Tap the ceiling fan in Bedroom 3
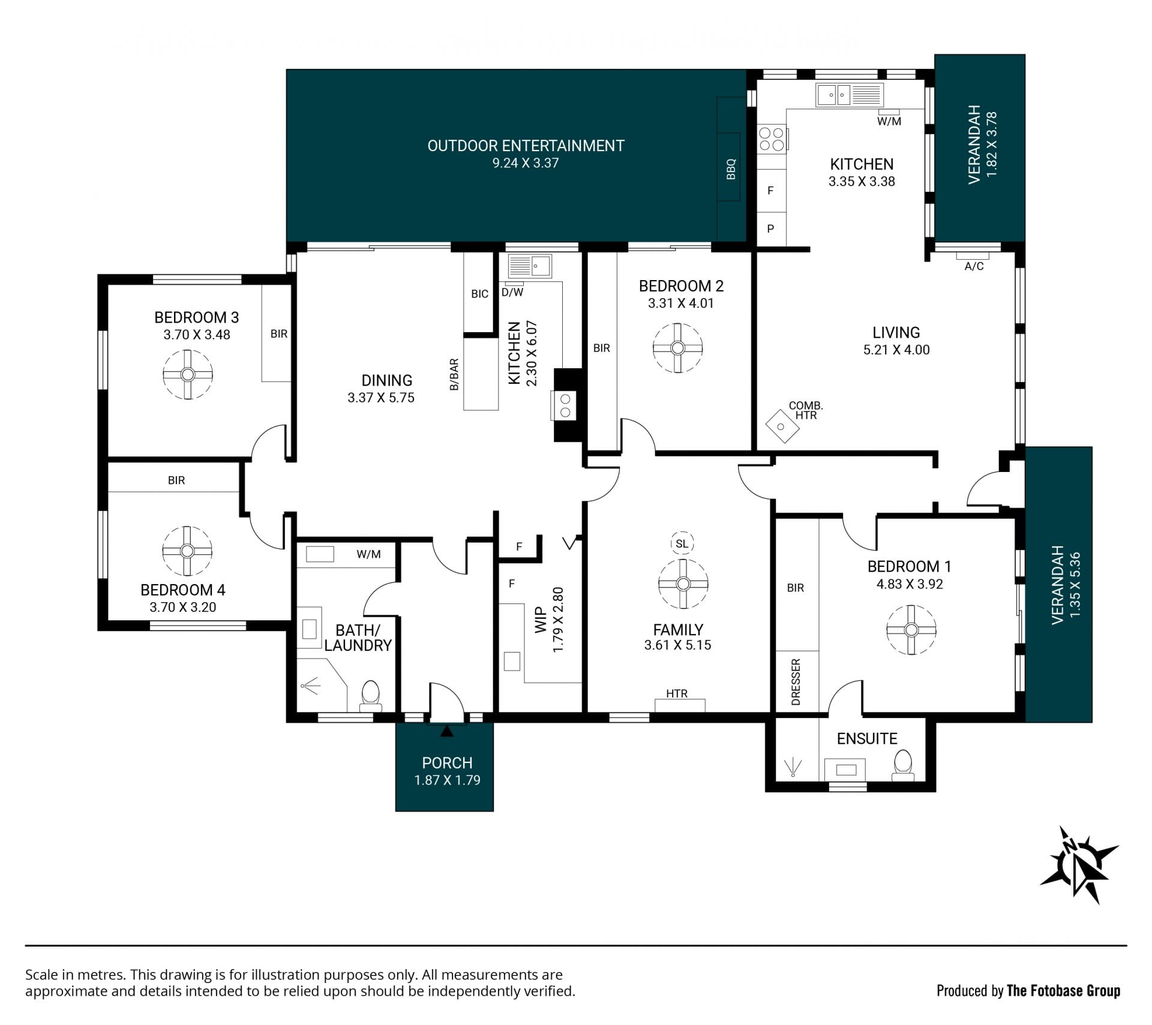(188, 374)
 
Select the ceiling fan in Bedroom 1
(911, 630)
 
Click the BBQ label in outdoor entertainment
(731, 169)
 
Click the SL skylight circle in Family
(682, 544)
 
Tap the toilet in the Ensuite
(902, 767)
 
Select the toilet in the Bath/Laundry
(370, 695)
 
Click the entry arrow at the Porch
(447, 731)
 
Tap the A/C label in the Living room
(974, 266)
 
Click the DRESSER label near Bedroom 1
(796, 682)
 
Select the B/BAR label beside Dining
(454, 375)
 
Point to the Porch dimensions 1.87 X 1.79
(447, 780)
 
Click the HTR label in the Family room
(677, 693)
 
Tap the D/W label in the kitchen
(512, 293)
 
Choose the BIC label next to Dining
(479, 294)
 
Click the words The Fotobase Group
(1063, 990)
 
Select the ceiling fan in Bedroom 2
(678, 348)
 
